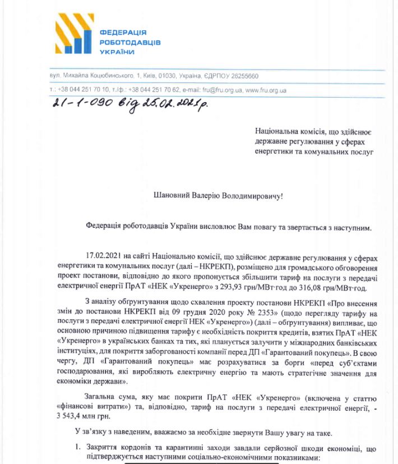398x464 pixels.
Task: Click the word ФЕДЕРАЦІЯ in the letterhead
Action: (123, 33)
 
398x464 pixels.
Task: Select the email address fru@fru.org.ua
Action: (222, 90)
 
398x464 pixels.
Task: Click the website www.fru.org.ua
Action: (266, 90)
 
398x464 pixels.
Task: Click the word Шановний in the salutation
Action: (172, 196)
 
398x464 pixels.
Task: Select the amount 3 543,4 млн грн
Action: (82, 416)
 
